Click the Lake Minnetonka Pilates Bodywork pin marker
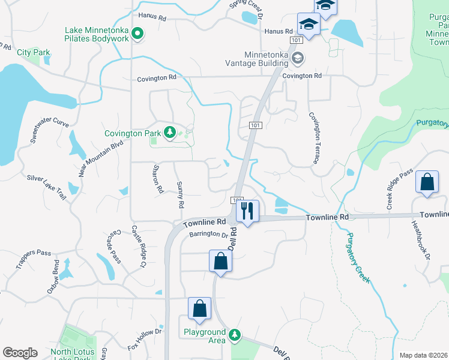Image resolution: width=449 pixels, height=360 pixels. coord(137,34)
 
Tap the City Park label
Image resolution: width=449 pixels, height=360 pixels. coord(34,53)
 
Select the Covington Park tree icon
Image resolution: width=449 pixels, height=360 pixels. coord(170,133)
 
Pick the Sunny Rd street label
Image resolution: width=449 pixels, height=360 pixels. coord(179,195)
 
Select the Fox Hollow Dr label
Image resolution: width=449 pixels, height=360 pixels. coord(145,340)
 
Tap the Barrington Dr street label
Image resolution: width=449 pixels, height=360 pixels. coord(208,235)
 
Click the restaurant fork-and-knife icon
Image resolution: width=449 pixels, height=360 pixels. coord(247,210)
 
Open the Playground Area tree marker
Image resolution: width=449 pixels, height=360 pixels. coord(236,334)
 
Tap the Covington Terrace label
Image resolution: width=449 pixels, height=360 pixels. coord(313,138)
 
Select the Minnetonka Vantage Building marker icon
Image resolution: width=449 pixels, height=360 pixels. coord(298,58)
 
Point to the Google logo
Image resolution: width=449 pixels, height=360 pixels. coord(20,353)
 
